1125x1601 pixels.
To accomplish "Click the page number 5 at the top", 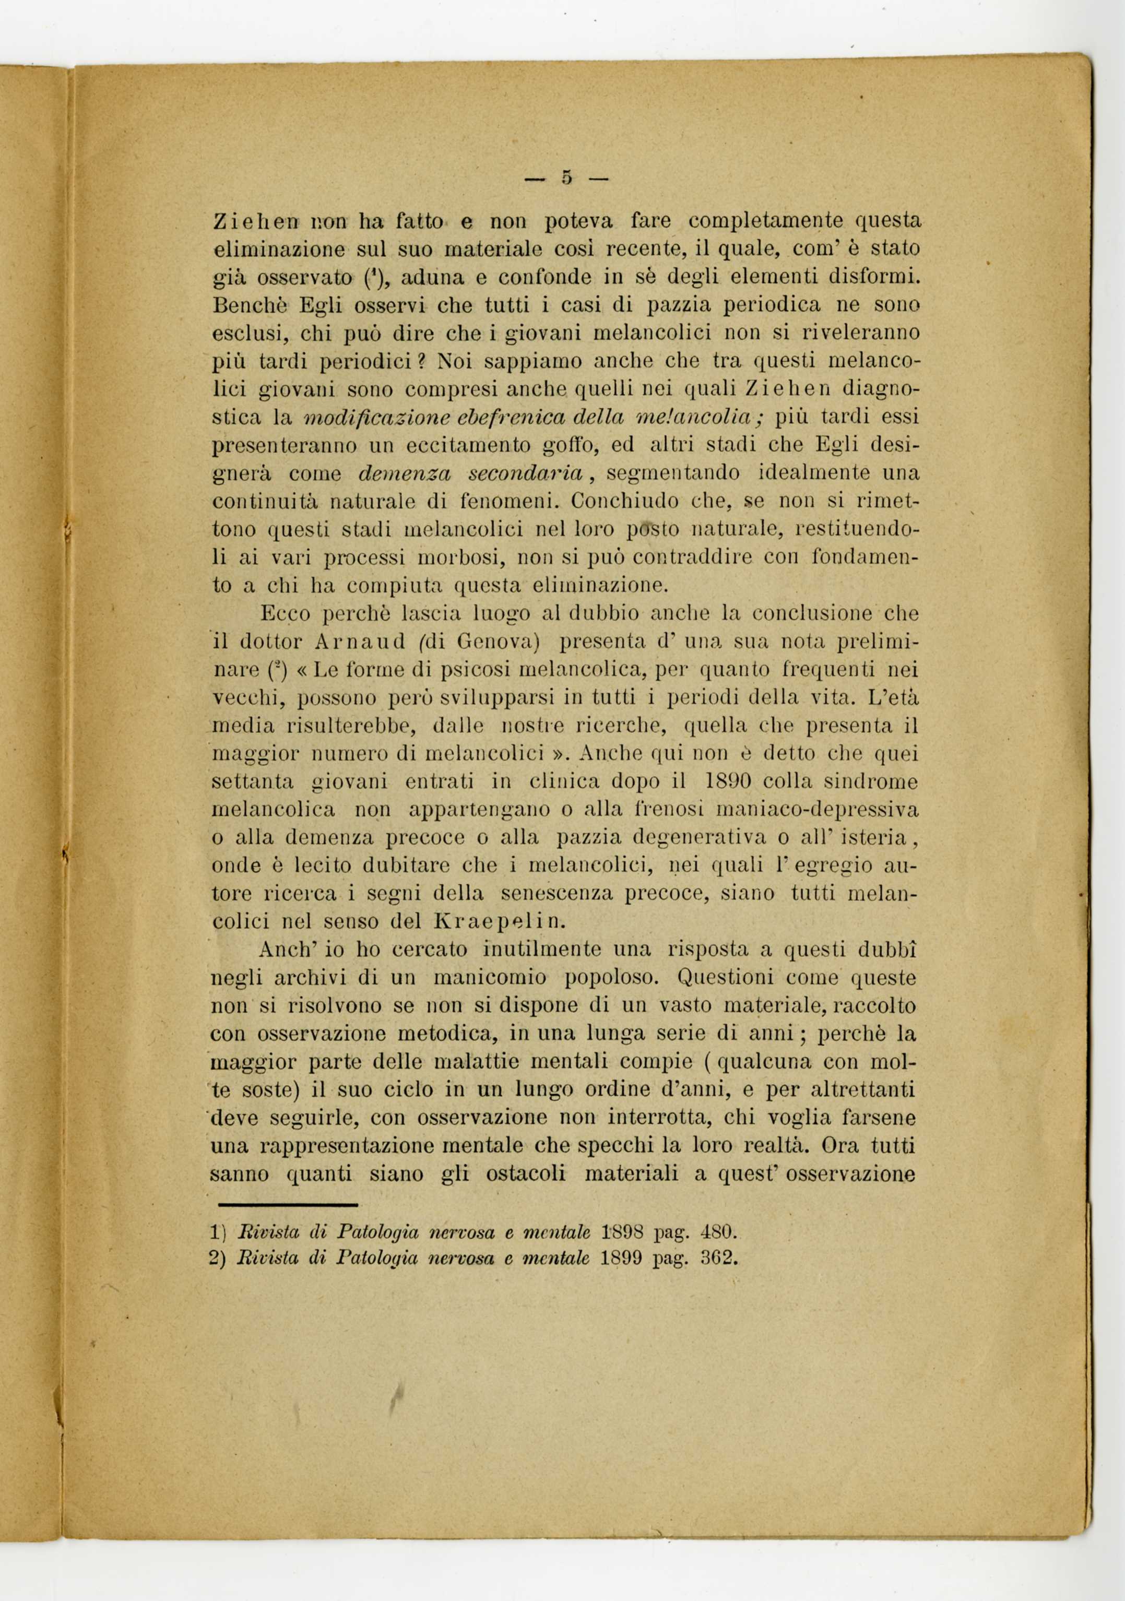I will (566, 179).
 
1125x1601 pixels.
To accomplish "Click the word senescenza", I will (555, 893).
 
